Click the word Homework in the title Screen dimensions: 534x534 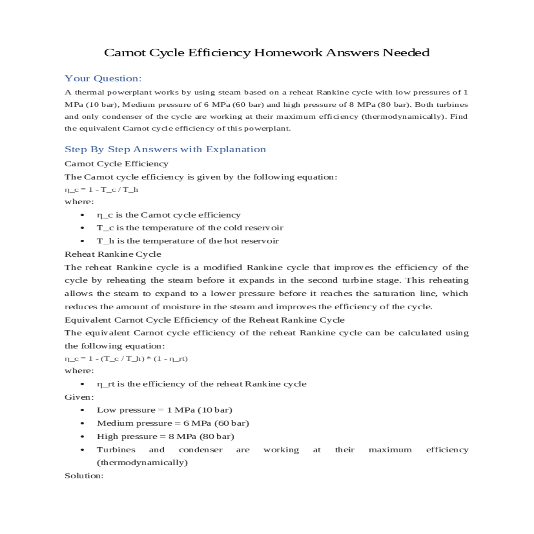pyautogui.click(x=288, y=53)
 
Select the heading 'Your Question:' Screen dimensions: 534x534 pyautogui.click(x=103, y=78)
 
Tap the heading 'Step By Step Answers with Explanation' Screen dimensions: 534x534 pyautogui.click(x=165, y=149)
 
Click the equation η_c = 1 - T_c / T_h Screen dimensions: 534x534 pyautogui.click(x=101, y=190)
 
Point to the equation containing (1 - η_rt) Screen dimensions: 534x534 pyautogui.click(x=126, y=359)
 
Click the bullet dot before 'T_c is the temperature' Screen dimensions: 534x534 pyautogui.click(x=83, y=228)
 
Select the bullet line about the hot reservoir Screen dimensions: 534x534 pyautogui.click(x=187, y=241)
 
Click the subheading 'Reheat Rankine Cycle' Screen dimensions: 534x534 pyautogui.click(x=113, y=254)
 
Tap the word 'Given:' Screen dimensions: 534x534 pyautogui.click(x=79, y=397)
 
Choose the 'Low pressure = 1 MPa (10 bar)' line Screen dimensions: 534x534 pyautogui.click(x=164, y=410)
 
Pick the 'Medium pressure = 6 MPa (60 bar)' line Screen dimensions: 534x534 pyautogui.click(x=173, y=423)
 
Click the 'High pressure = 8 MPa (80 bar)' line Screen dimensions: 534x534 pyautogui.click(x=165, y=437)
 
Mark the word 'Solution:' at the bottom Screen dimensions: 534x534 pyautogui.click(x=84, y=476)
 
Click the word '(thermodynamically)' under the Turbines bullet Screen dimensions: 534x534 pyautogui.click(x=142, y=462)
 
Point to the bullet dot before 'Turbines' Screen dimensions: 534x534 pyautogui.click(x=83, y=450)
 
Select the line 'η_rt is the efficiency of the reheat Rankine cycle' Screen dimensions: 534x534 pyautogui.click(x=201, y=384)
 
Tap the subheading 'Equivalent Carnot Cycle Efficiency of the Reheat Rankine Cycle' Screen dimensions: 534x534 pyautogui.click(x=204, y=320)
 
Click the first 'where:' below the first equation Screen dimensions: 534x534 pyautogui.click(x=79, y=202)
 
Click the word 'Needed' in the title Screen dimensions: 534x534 pyautogui.click(x=406, y=53)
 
